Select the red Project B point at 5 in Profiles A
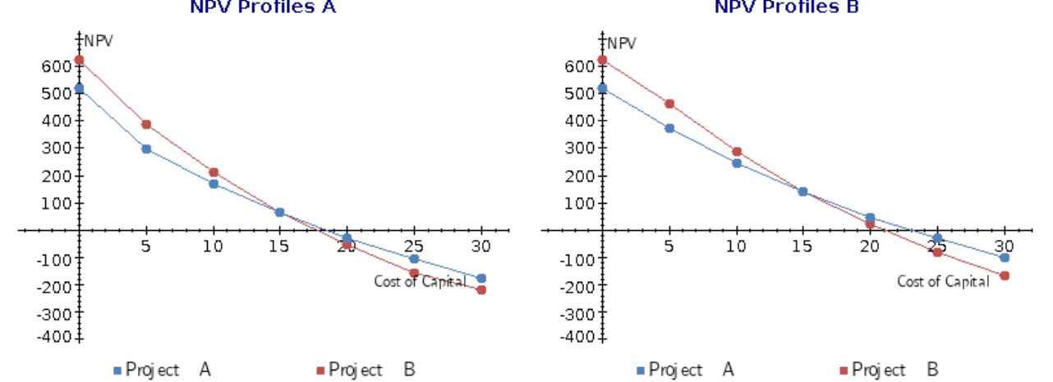point(146,125)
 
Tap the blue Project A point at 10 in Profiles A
point(214,184)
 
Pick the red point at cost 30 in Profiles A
point(481,290)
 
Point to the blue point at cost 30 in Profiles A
point(481,278)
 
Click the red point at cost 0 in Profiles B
point(603,60)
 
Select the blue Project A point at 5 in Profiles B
point(669,128)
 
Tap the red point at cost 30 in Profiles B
point(1005,275)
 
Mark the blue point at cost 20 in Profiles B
point(870,218)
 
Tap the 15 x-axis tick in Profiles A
point(279,246)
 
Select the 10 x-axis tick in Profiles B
point(737,246)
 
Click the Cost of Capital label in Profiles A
point(420,282)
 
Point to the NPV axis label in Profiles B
point(622,44)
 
